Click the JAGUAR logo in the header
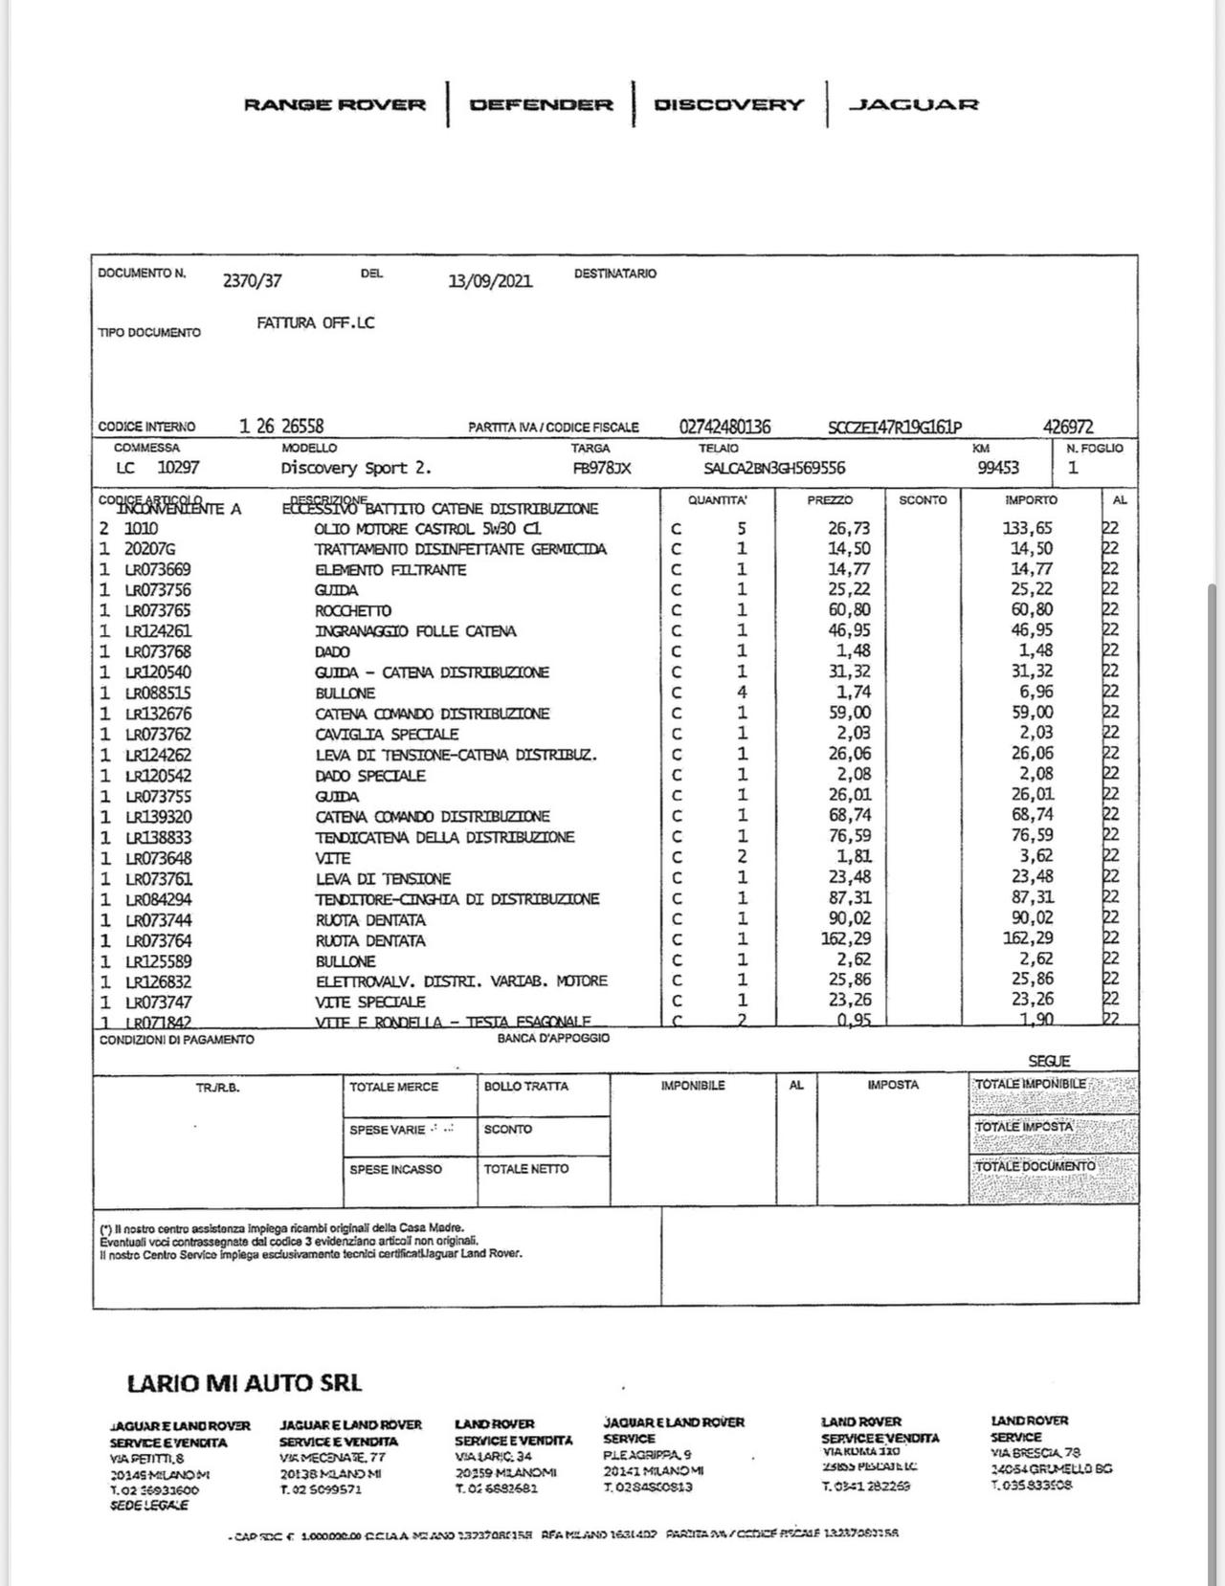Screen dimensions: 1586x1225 pos(914,104)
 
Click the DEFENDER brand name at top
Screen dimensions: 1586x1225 pos(541,104)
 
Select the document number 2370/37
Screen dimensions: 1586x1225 pos(252,280)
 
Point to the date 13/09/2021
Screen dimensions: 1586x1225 pos(490,280)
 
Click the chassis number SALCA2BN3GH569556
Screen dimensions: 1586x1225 pos(774,468)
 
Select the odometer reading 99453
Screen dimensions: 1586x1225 pos(998,468)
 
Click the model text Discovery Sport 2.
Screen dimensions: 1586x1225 pos(356,468)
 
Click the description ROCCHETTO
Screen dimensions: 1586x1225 pos(353,610)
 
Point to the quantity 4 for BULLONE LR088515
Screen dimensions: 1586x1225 pos(742,693)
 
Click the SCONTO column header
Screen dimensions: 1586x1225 pos(923,499)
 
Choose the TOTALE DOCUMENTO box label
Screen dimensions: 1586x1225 pos(1035,1167)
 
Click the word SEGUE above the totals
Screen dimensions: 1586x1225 pos(1049,1061)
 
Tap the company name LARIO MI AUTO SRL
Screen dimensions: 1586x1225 pos(244,1382)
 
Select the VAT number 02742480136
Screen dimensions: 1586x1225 pos(724,427)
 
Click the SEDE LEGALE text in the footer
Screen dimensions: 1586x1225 pos(149,1506)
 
